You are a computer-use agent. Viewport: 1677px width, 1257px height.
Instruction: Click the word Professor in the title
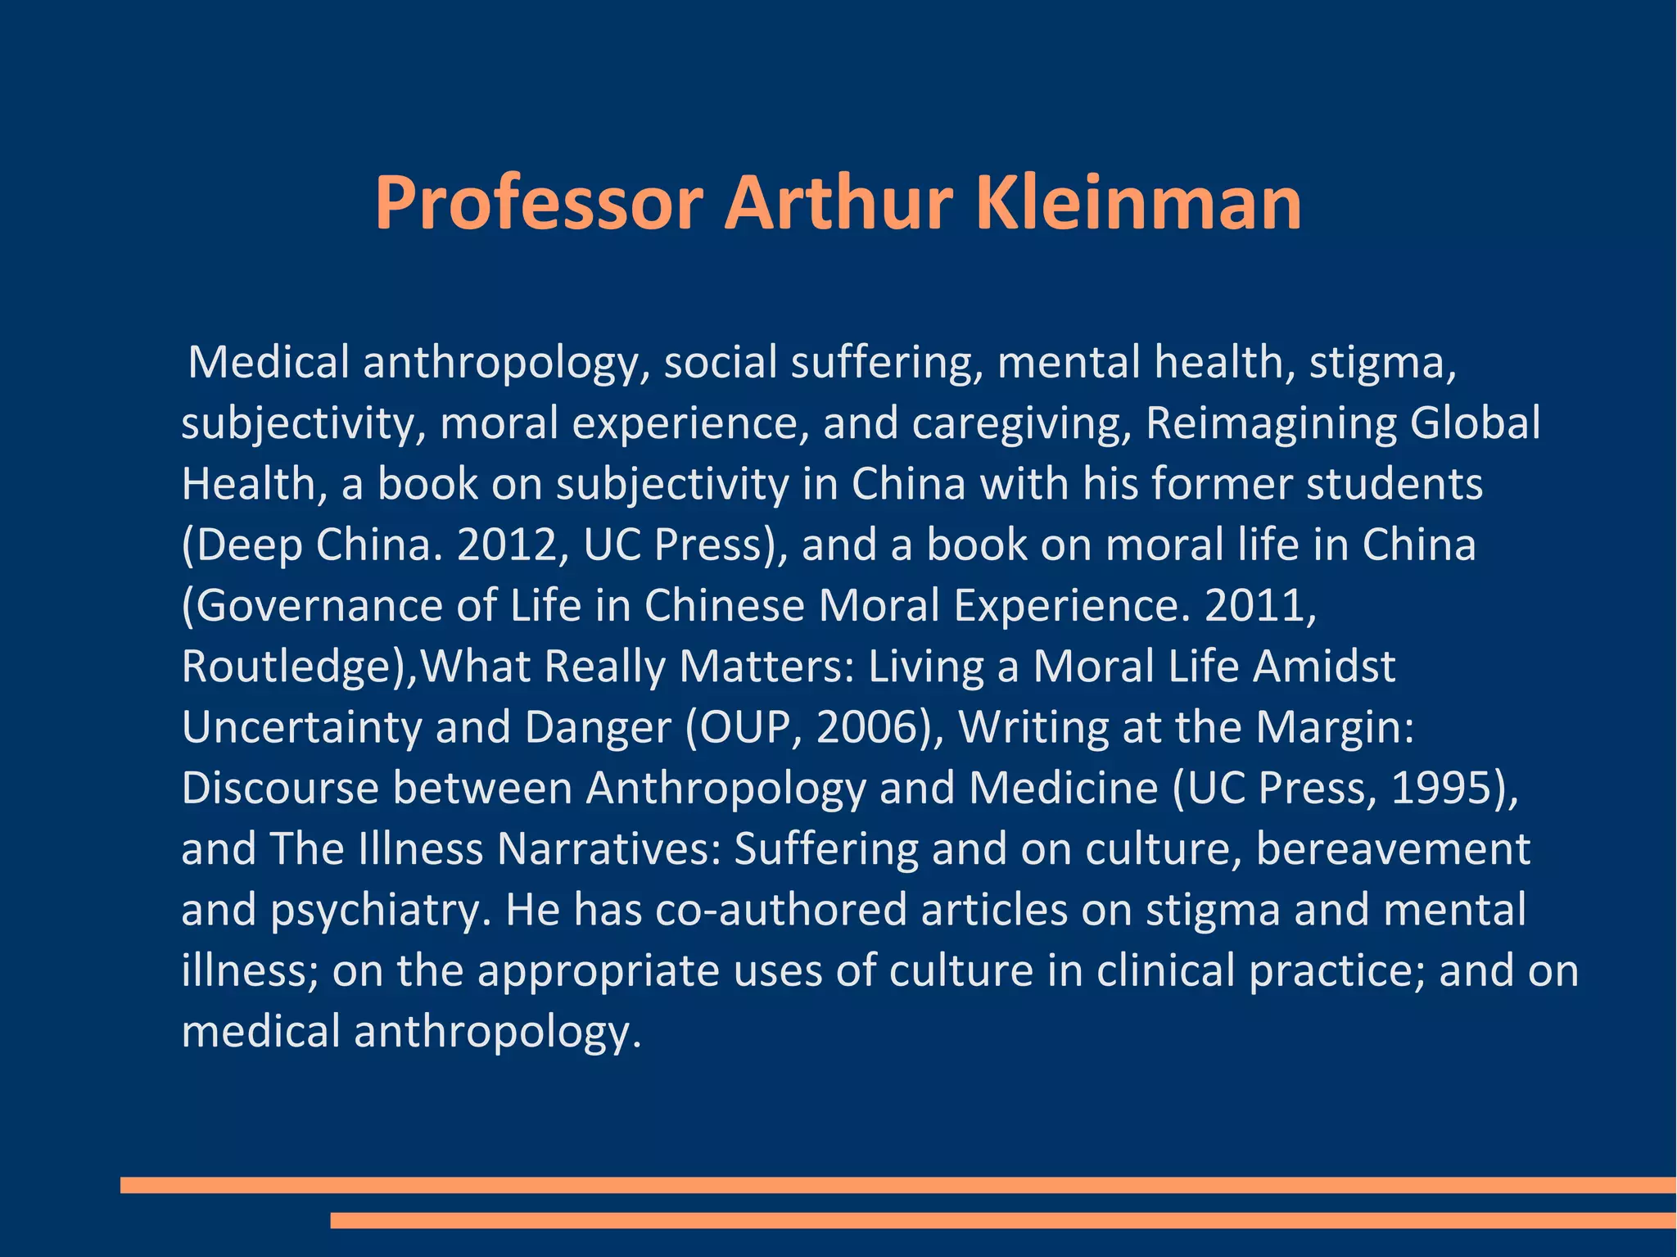point(539,204)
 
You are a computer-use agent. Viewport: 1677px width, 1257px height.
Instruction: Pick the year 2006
point(874,726)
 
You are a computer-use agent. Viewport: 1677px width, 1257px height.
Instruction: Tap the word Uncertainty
point(301,726)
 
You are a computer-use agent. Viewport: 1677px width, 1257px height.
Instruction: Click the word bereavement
point(1392,848)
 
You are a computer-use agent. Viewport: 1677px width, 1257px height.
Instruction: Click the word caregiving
point(1021,423)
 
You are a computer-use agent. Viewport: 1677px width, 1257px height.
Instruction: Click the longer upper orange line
point(898,1184)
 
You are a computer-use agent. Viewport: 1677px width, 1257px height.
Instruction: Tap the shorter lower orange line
point(1003,1220)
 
